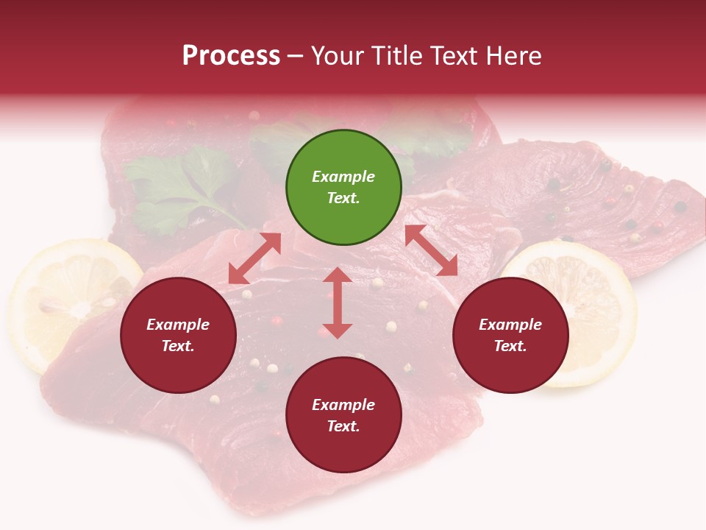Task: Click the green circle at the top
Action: pos(343,188)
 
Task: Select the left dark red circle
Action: pos(178,335)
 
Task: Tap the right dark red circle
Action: pos(510,335)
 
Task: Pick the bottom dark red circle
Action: pos(343,415)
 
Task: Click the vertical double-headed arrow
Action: pos(338,303)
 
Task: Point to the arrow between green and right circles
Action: pos(431,250)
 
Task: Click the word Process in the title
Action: pos(231,56)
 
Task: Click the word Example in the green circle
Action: pos(343,177)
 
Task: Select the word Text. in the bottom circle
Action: pos(343,426)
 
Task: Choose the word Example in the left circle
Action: pos(178,325)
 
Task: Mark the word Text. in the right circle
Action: pos(510,346)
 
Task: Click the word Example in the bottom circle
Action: pos(343,405)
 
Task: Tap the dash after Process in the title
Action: pos(296,57)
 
